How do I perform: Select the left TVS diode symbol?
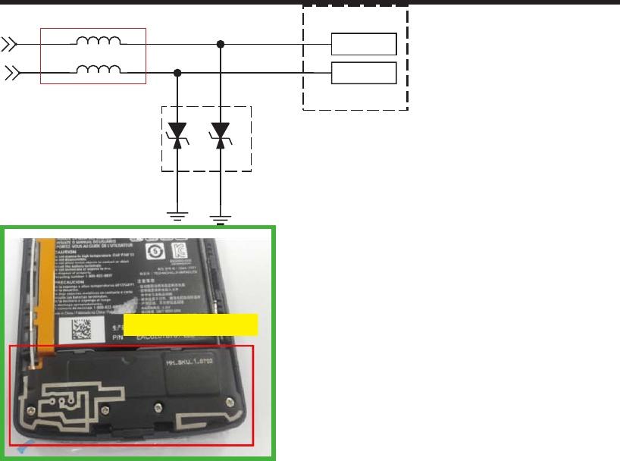pyautogui.click(x=178, y=134)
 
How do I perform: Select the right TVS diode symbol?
pyautogui.click(x=221, y=134)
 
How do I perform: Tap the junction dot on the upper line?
pyautogui.click(x=221, y=44)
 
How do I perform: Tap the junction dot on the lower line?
pyautogui.click(x=178, y=73)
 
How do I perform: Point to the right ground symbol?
pyautogui.click(x=221, y=218)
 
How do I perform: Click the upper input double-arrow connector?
pyautogui.click(x=9, y=44)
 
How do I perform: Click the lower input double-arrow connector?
pyautogui.click(x=12, y=73)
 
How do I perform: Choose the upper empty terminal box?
pyautogui.click(x=364, y=44)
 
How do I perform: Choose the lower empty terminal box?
pyautogui.click(x=364, y=73)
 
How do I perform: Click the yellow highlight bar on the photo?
pyautogui.click(x=191, y=325)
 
